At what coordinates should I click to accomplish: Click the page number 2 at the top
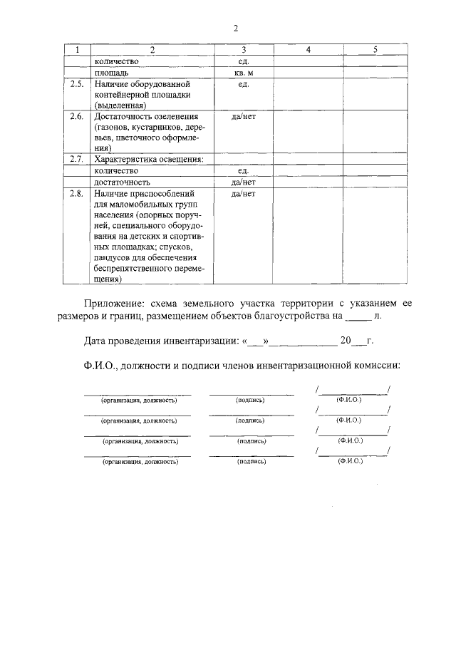point(235,29)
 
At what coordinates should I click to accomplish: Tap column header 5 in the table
point(375,50)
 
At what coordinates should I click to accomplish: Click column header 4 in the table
point(308,50)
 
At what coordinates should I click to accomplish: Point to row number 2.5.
point(77,84)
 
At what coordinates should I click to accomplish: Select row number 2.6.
point(77,116)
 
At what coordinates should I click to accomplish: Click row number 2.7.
point(77,159)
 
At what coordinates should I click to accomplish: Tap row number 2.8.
point(77,193)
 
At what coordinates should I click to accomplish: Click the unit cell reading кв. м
point(244,73)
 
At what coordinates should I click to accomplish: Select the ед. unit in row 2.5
point(244,84)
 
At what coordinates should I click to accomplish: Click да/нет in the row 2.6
point(244,116)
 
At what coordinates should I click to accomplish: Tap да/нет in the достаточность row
point(244,182)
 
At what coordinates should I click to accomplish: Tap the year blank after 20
point(360,341)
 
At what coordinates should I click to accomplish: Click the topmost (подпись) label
point(250,400)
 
